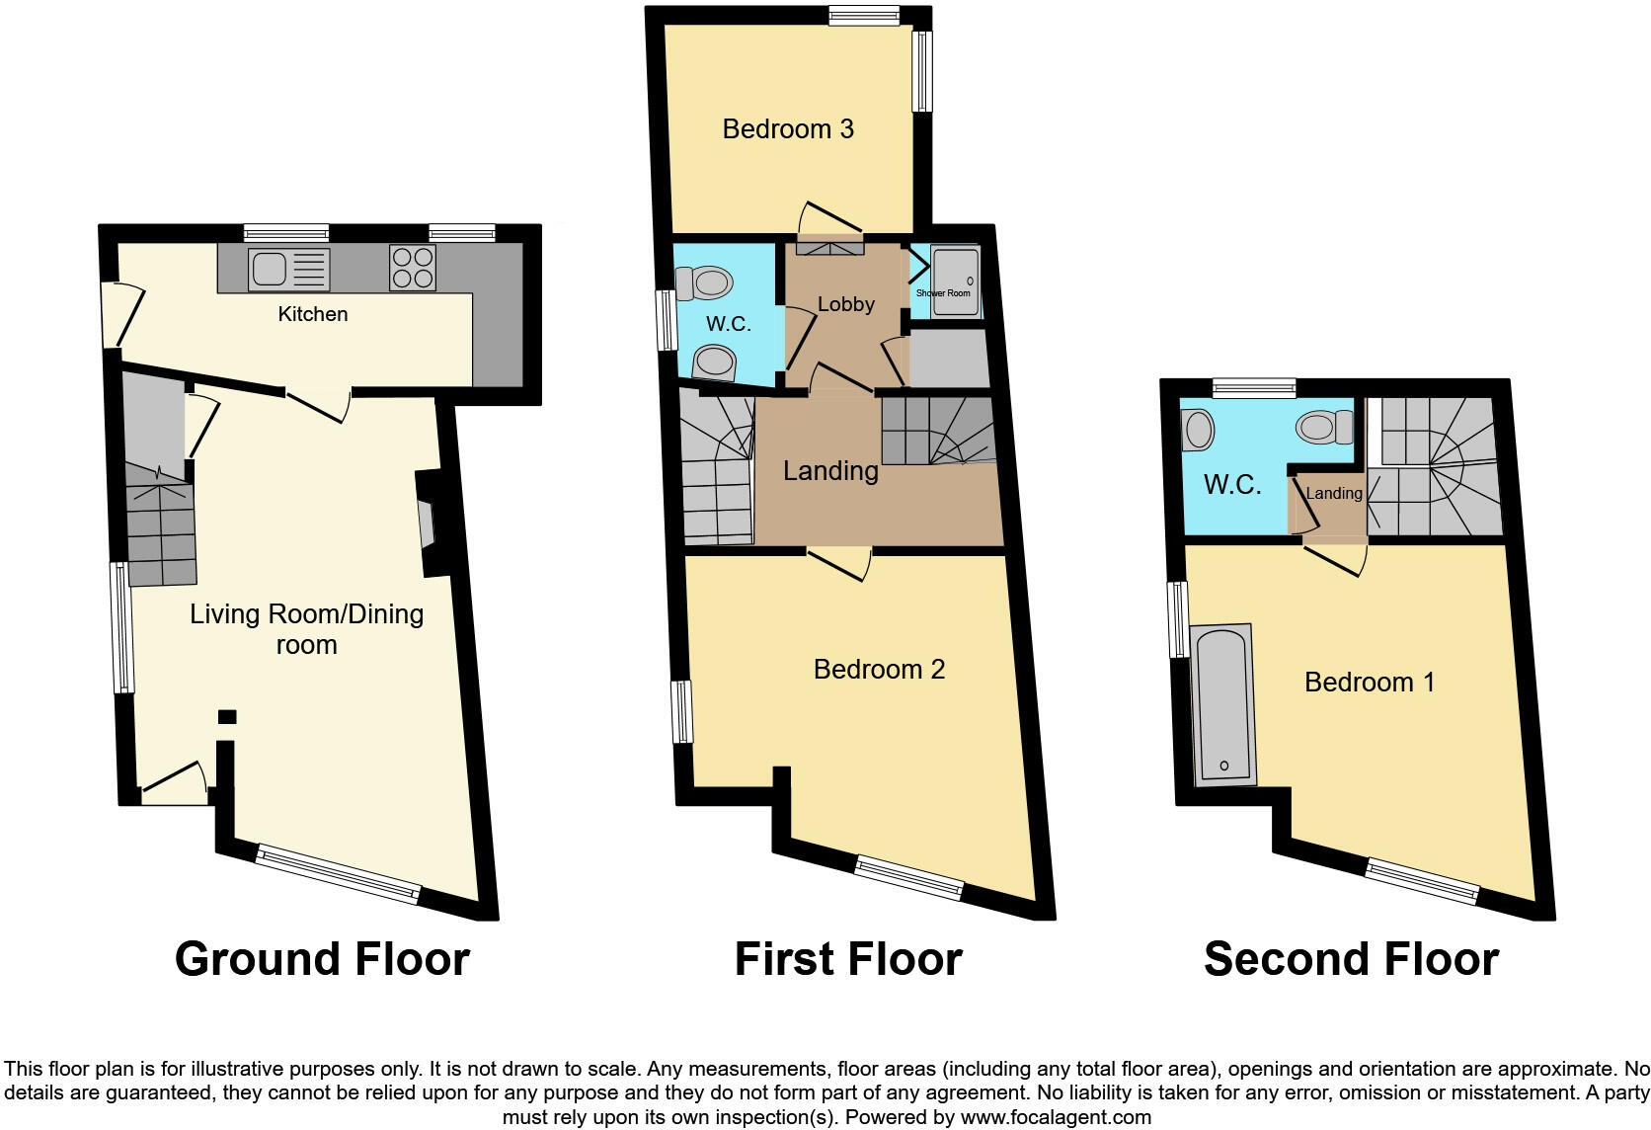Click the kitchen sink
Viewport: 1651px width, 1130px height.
[x=288, y=268]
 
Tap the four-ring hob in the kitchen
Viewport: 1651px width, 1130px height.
[x=413, y=267]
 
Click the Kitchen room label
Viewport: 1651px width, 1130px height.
[x=313, y=314]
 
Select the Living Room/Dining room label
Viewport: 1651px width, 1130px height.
[x=307, y=629]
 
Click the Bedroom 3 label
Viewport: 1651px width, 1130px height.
[x=788, y=128]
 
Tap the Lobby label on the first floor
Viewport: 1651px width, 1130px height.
[x=846, y=304]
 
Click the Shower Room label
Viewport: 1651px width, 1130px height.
[x=943, y=293]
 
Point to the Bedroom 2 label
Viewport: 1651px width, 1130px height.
[x=879, y=669]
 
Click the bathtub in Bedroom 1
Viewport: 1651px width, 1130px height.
[x=1223, y=704]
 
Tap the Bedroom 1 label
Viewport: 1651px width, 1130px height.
[x=1370, y=682]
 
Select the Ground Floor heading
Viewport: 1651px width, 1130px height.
[x=322, y=959]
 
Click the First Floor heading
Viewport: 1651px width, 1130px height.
[x=848, y=959]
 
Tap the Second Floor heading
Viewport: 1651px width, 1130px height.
[x=1351, y=959]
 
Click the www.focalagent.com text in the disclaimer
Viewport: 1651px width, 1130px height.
[x=1056, y=1117]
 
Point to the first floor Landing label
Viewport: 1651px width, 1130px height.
[x=830, y=470]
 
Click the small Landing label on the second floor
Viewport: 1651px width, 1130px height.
[x=1334, y=493]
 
